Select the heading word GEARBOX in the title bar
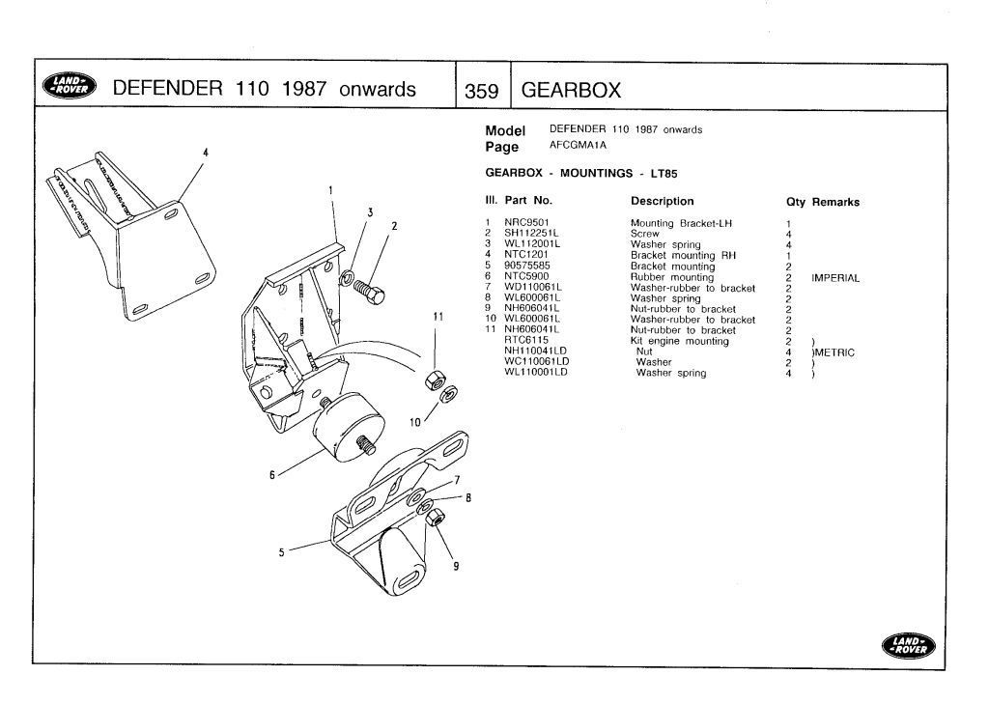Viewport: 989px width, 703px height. tap(571, 91)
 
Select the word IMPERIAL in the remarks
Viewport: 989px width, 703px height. tap(835, 277)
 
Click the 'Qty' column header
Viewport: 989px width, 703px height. tap(797, 202)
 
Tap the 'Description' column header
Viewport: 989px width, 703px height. tap(662, 202)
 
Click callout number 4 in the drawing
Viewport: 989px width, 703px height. tap(205, 153)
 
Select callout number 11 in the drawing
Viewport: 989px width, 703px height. tap(437, 317)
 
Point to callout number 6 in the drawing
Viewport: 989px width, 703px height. tap(273, 474)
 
